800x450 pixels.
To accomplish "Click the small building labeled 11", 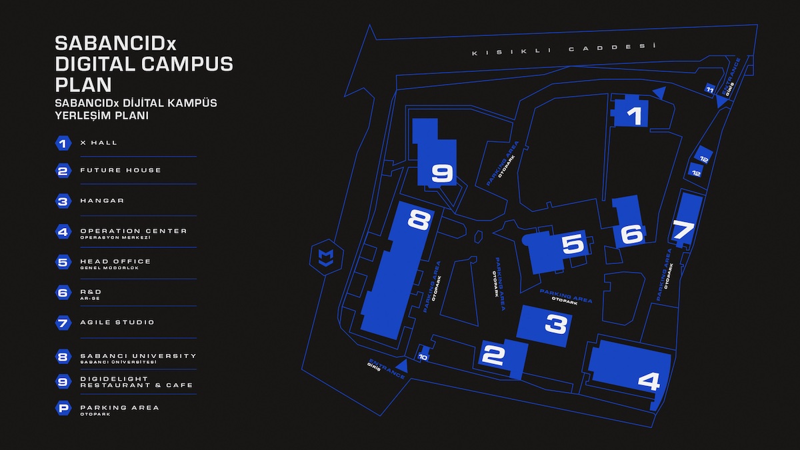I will coord(710,89).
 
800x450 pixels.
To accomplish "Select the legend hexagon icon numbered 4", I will coord(63,233).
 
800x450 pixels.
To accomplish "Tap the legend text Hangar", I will coord(102,201).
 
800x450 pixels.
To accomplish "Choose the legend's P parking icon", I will coord(63,409).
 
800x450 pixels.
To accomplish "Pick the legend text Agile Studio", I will coord(117,323).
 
